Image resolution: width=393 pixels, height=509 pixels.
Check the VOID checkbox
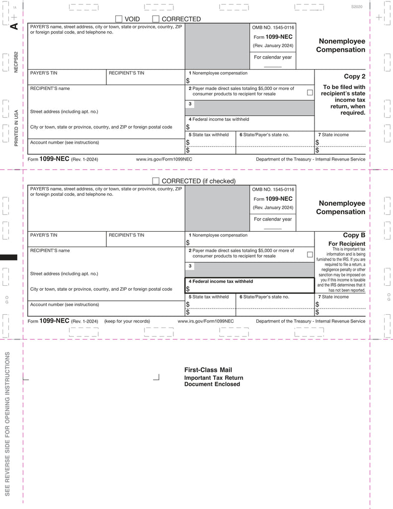(x=119, y=19)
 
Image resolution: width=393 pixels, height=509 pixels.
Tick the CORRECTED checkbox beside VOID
(x=156, y=19)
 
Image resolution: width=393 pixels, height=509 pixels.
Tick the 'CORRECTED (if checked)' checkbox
(x=156, y=181)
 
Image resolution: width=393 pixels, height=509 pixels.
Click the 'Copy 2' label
(x=355, y=77)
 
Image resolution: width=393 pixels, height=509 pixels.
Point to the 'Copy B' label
(x=354, y=235)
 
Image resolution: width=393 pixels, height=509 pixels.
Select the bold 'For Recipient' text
(x=347, y=244)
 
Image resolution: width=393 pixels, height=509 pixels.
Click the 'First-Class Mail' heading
(x=208, y=370)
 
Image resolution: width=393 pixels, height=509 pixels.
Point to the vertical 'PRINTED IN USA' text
(x=16, y=127)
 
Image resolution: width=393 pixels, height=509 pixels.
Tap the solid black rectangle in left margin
(x=8, y=257)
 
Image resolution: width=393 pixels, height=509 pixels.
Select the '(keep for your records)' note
(x=127, y=321)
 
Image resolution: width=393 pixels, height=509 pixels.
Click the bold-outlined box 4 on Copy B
(x=249, y=285)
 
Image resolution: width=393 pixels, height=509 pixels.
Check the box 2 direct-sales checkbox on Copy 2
(x=310, y=92)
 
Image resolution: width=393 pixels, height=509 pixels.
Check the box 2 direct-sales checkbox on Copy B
(x=310, y=254)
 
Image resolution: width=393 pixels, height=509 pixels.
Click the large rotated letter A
(x=14, y=26)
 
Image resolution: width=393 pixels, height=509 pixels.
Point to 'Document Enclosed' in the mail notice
(x=212, y=384)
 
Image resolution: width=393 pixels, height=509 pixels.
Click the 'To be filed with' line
(x=344, y=87)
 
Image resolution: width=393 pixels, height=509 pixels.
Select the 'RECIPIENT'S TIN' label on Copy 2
(x=126, y=73)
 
